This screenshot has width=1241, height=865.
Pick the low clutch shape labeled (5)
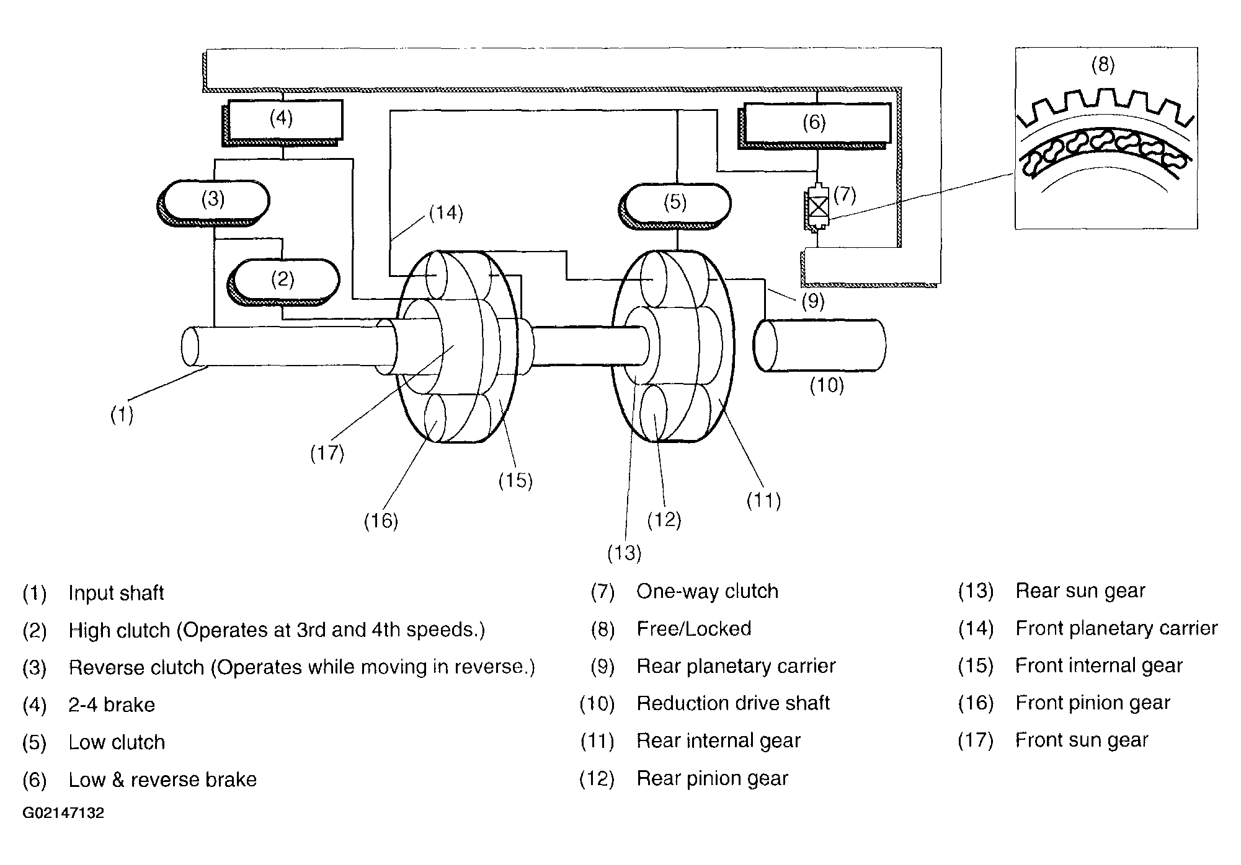pos(677,203)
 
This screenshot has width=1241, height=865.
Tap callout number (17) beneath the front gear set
pos(327,453)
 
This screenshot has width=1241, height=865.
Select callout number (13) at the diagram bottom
pos(624,553)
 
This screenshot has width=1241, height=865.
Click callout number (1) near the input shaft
pos(122,415)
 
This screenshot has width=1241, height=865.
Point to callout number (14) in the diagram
pos(446,214)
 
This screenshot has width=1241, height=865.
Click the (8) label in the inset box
pos(1103,64)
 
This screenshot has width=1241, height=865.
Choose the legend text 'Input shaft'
pos(116,593)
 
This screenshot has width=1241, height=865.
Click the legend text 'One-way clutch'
pos(707,591)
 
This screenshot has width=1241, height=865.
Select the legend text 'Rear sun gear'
pos(1080,591)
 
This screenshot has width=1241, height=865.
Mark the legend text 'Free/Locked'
pos(693,629)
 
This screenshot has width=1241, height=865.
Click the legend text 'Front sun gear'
pos(1082,740)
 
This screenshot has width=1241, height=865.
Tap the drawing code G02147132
pos(63,813)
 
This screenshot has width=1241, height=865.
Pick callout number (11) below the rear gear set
pos(763,500)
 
